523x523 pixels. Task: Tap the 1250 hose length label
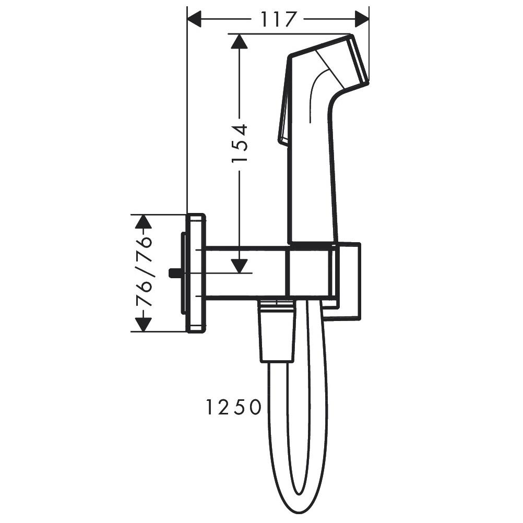233,408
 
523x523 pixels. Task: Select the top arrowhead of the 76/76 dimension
143,221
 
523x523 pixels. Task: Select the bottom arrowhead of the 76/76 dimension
143,324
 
